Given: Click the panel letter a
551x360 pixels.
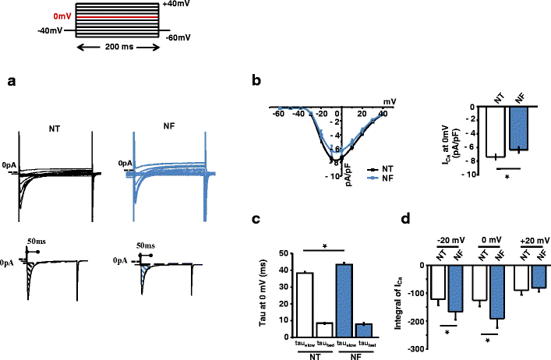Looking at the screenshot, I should coord(11,82).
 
